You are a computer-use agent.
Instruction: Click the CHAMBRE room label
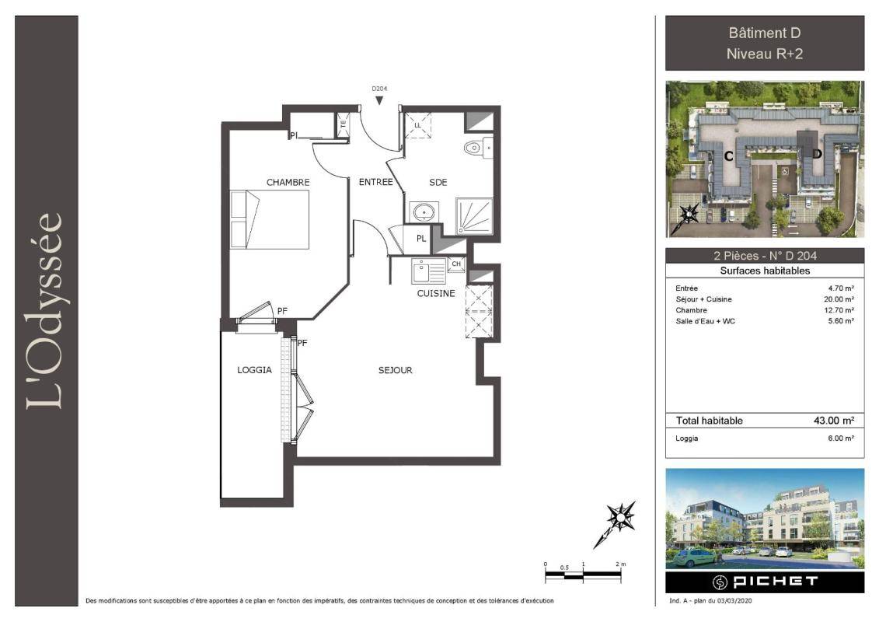point(288,182)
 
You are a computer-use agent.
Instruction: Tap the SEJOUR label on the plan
point(396,370)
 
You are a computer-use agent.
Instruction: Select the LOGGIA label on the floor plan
point(254,370)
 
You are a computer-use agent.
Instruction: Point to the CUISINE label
point(435,293)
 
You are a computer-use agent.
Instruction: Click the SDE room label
point(438,182)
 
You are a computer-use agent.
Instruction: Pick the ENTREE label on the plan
point(375,182)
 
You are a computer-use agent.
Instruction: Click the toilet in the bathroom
point(478,148)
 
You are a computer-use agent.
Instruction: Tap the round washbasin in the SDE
point(424,212)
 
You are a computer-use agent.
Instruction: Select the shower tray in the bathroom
point(474,215)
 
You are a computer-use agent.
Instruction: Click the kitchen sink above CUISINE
point(428,271)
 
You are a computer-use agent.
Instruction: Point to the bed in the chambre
point(270,219)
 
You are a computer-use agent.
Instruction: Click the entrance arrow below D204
point(379,100)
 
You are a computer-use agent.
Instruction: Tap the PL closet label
point(421,239)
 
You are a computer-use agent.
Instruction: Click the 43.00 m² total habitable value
point(834,421)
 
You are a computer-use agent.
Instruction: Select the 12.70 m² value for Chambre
point(839,310)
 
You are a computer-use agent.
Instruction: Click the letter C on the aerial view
point(729,156)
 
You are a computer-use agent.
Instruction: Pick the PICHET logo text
point(776,582)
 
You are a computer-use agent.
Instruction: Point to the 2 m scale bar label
point(620,564)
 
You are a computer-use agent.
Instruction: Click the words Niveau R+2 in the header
point(765,54)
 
